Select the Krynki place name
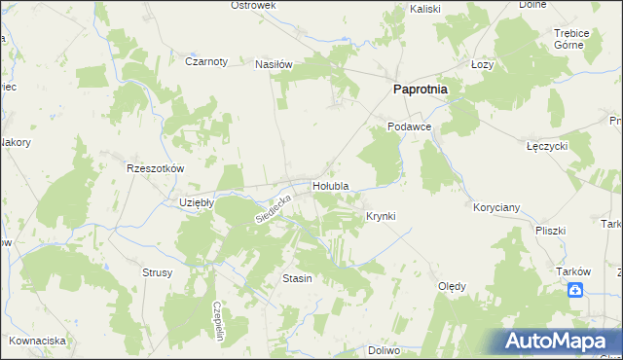tap(381, 215)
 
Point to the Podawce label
tap(408, 126)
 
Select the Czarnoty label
tap(206, 60)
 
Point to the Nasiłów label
tap(274, 64)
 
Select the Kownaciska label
tap(38, 341)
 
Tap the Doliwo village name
tap(385, 349)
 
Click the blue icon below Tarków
tap(576, 289)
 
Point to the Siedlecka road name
tap(275, 207)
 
